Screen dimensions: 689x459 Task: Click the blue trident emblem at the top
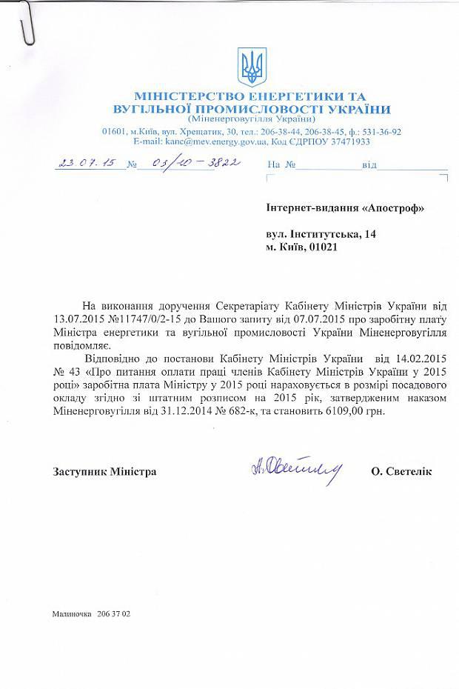[251, 67]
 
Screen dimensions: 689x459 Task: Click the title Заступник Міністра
[104, 471]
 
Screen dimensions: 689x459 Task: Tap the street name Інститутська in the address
[320, 234]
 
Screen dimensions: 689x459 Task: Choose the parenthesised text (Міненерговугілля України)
[252, 120]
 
